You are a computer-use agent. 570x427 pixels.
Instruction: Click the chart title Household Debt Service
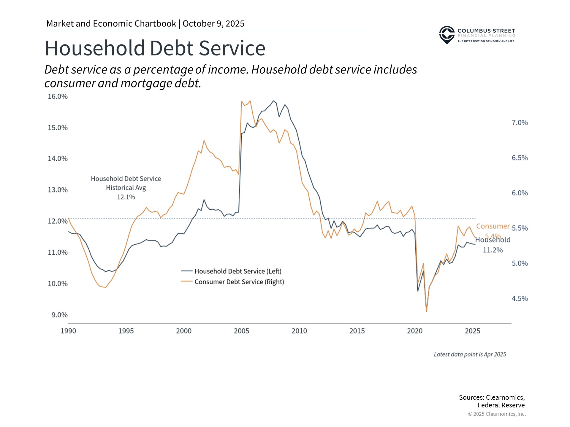pyautogui.click(x=155, y=48)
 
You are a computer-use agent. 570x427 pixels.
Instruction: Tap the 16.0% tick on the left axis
pyautogui.click(x=58, y=96)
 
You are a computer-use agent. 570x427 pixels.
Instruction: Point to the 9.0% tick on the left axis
pyautogui.click(x=59, y=315)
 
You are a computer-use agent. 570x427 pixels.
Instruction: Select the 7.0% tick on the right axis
pyautogui.click(x=520, y=123)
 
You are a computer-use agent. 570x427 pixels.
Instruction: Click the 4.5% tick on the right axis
pyautogui.click(x=520, y=299)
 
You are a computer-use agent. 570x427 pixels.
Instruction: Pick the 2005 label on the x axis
pyautogui.click(x=241, y=331)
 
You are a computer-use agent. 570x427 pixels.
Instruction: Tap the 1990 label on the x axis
pyautogui.click(x=68, y=331)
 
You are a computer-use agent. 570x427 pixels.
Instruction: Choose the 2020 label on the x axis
pyautogui.click(x=414, y=331)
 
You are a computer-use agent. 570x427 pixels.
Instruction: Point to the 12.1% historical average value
pyautogui.click(x=126, y=197)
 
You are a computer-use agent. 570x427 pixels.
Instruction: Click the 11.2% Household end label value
pyautogui.click(x=493, y=250)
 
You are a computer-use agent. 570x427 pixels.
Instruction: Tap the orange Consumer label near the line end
pyautogui.click(x=493, y=226)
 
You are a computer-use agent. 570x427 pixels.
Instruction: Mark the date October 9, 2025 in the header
pyautogui.click(x=213, y=24)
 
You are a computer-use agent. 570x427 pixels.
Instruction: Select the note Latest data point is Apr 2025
pyautogui.click(x=470, y=354)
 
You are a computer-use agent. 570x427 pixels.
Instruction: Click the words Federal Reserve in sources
pyautogui.click(x=501, y=405)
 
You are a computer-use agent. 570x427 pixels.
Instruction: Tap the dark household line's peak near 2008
pyautogui.click(x=273, y=101)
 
